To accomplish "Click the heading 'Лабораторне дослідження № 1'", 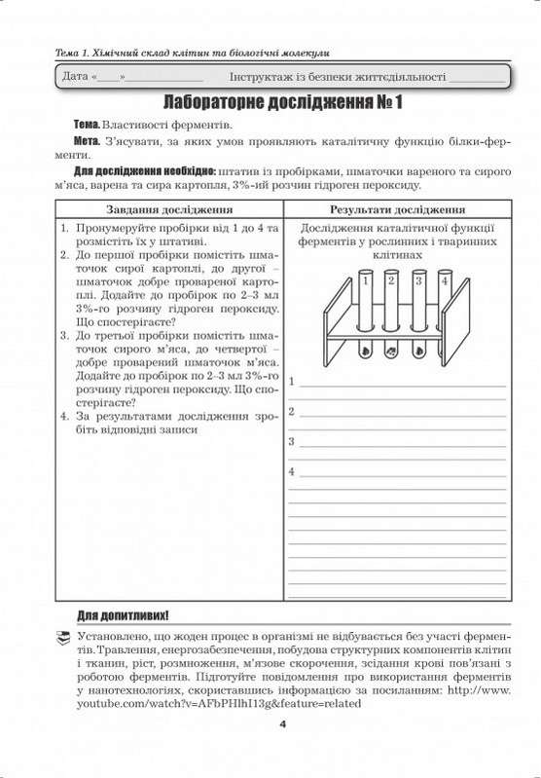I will (270, 101).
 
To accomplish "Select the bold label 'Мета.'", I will (89, 143).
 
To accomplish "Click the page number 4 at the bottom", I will (282, 723).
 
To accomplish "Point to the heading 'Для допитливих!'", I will (123, 615).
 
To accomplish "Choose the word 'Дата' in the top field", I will (75, 74).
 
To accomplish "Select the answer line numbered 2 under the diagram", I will (399, 415).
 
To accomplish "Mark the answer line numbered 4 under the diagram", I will (399, 473).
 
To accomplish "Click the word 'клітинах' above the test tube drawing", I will (399, 252).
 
